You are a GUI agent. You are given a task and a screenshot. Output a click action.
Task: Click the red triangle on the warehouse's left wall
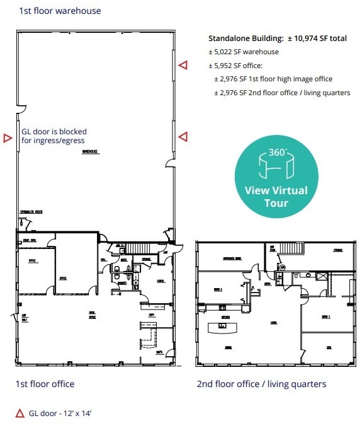[8, 138]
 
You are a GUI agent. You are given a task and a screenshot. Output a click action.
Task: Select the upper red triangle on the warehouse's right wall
[183, 65]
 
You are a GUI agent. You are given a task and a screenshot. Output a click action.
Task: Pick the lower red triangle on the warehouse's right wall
[183, 136]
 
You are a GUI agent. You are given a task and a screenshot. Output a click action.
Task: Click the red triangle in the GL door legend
[20, 414]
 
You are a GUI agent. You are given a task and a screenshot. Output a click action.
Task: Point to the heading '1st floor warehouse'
[60, 11]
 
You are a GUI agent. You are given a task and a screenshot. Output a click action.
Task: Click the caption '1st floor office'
[45, 384]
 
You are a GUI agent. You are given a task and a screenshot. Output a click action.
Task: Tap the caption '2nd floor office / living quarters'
[261, 384]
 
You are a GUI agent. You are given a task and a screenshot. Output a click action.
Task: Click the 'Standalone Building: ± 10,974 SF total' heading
[278, 38]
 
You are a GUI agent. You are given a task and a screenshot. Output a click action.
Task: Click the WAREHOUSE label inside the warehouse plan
[92, 151]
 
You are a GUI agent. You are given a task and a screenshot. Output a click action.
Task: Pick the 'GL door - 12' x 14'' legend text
[60, 414]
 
